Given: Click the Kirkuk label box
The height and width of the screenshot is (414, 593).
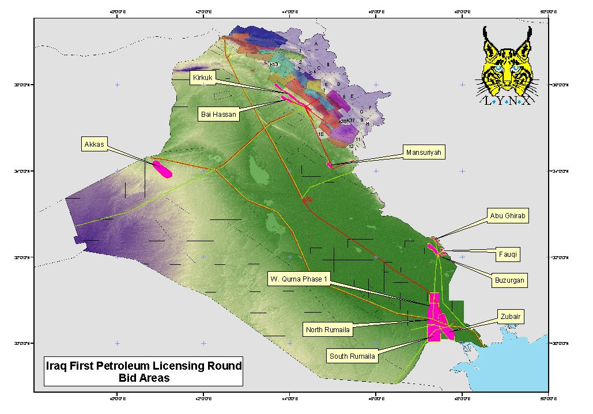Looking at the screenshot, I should tap(203, 77).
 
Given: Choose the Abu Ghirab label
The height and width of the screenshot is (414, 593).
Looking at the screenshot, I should tap(508, 216).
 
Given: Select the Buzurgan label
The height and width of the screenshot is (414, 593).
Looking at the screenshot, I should tap(510, 280).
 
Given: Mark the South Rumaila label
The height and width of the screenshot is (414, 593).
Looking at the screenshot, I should tap(352, 356).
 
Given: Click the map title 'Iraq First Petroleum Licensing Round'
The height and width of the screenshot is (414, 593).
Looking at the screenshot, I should tap(144, 366).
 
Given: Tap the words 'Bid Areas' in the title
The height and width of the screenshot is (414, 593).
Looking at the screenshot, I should tap(144, 378).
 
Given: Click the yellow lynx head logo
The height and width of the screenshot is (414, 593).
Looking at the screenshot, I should tap(507, 63).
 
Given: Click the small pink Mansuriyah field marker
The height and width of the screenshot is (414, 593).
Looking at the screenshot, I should tap(329, 165).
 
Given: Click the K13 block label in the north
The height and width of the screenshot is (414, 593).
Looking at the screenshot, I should tap(274, 64).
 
